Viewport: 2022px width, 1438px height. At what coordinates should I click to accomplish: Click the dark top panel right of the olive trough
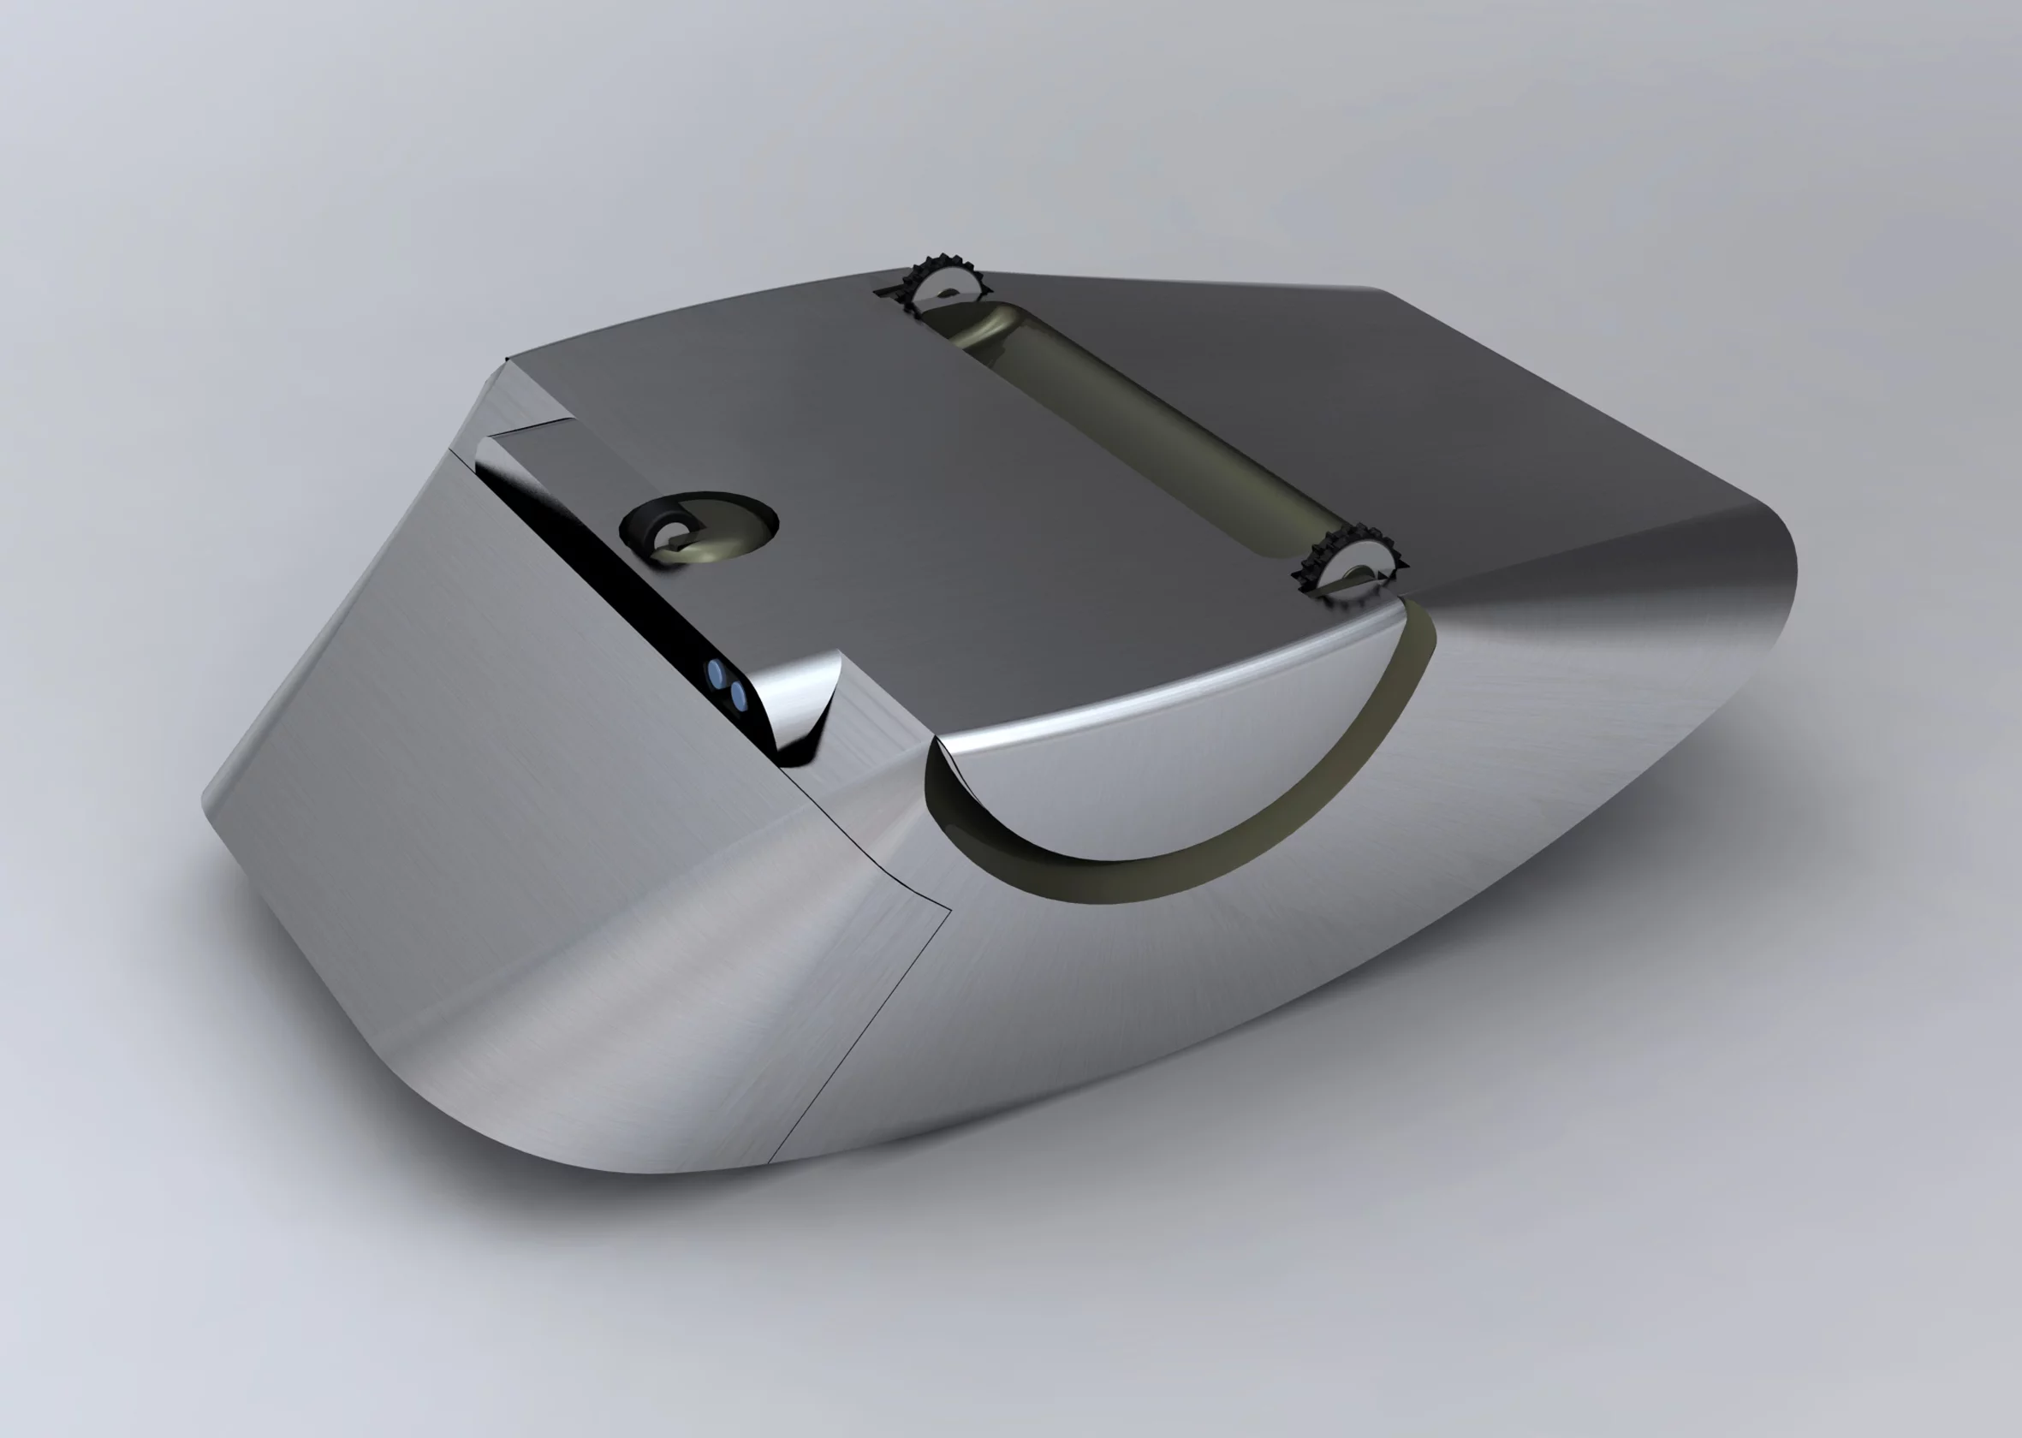[1417, 399]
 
